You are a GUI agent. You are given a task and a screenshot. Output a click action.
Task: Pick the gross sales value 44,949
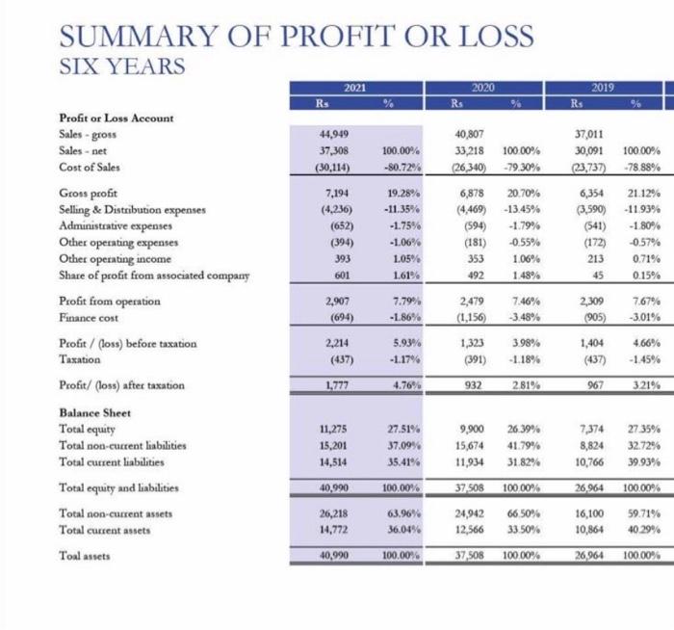click(x=322, y=135)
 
